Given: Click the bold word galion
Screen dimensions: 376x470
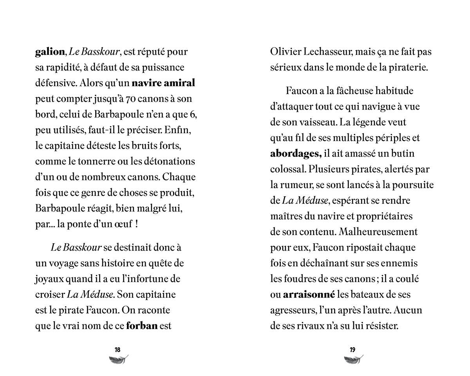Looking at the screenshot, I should tap(50, 52).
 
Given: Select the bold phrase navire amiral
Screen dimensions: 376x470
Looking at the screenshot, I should tap(163, 83).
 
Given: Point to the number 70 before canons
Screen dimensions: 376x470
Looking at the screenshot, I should tap(131, 99).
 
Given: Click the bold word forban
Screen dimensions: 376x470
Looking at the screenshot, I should tap(142, 326).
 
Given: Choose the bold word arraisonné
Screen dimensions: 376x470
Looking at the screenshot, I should tap(309, 295).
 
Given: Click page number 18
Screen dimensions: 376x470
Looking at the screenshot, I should tap(117, 350).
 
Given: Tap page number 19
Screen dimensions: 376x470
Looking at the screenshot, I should tap(352, 350).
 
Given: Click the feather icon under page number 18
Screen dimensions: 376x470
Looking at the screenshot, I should tap(119, 360).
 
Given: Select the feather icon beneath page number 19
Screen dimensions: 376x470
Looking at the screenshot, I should tap(354, 360).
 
